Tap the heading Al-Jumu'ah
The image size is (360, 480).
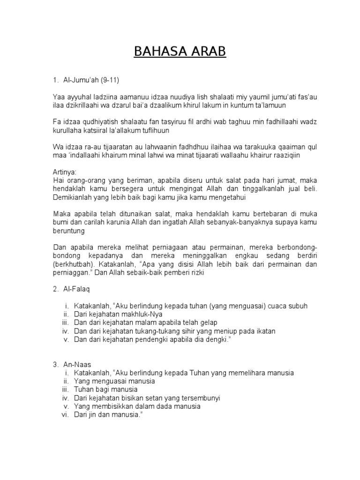[82, 80]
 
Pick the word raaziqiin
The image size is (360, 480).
[289, 155]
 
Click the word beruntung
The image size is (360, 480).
[68, 231]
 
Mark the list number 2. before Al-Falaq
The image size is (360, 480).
[56, 289]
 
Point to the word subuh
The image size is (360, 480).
[297, 306]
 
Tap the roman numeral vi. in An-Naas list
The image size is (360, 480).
[66, 414]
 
